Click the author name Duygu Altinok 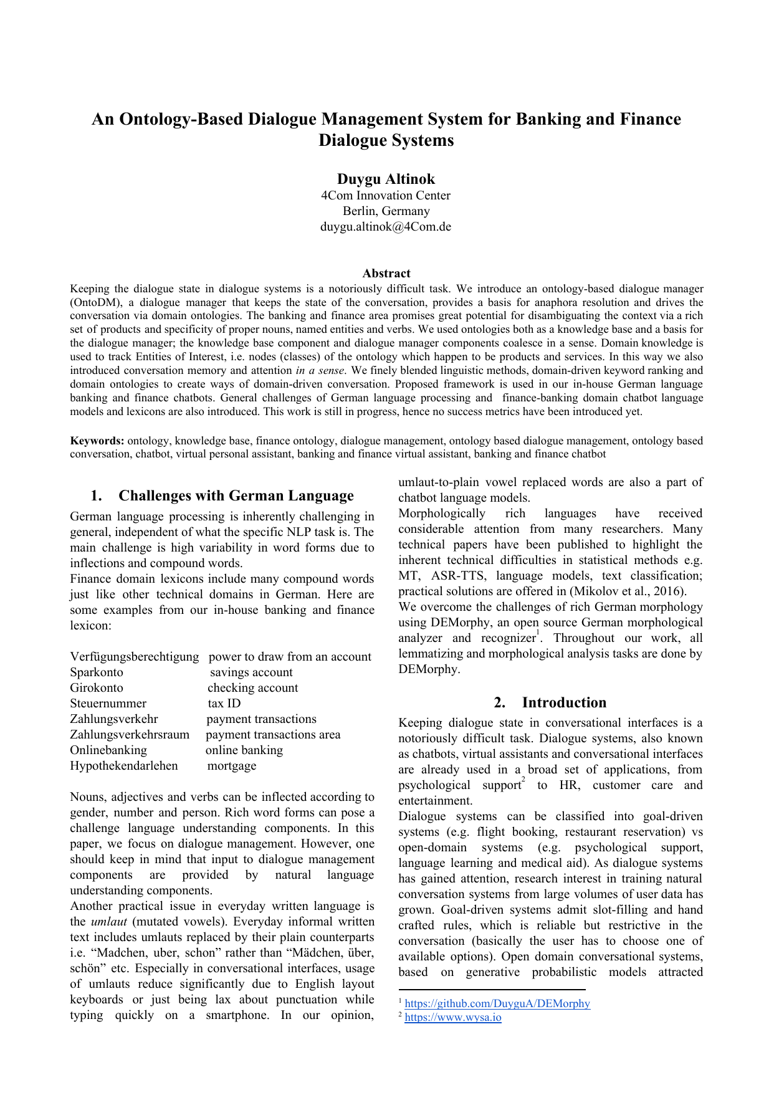pyautogui.click(x=386, y=179)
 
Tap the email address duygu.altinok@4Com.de pyautogui.click(x=386, y=227)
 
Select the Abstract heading pyautogui.click(x=386, y=274)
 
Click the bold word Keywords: pyautogui.click(x=97, y=441)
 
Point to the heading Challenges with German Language pyautogui.click(x=236, y=496)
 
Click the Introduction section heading pyautogui.click(x=563, y=703)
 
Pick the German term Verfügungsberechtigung pyautogui.click(x=135, y=657)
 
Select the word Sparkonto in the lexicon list pyautogui.click(x=97, y=672)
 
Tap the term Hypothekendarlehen pyautogui.click(x=124, y=766)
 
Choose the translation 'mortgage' pyautogui.click(x=232, y=766)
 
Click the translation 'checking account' pyautogui.click(x=253, y=688)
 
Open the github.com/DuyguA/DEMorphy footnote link pyautogui.click(x=497, y=1004)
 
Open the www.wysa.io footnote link pyautogui.click(x=453, y=1018)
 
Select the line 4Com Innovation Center pyautogui.click(x=386, y=196)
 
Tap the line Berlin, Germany pyautogui.click(x=386, y=211)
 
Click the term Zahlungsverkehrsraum pyautogui.click(x=130, y=735)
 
